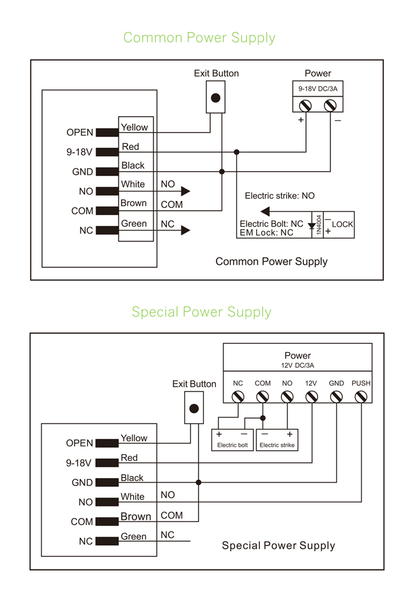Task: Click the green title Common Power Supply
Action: point(199,38)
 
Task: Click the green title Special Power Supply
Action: point(201,312)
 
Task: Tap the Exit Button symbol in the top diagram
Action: point(215,98)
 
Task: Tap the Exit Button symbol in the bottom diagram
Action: point(193,408)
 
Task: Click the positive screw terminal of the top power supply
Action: point(305,105)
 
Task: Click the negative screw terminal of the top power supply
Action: point(330,105)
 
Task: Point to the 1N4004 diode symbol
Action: point(313,224)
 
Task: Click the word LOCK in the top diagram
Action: point(342,224)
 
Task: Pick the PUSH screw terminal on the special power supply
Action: point(360,397)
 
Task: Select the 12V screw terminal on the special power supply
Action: point(311,397)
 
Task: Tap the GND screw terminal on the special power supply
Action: point(336,397)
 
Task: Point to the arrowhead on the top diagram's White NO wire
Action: point(186,191)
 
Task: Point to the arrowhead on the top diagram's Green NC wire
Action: point(186,230)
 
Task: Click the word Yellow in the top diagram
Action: point(134,127)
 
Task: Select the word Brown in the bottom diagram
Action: point(136,517)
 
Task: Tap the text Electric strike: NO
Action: point(279,196)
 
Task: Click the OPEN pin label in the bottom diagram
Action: point(80,443)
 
